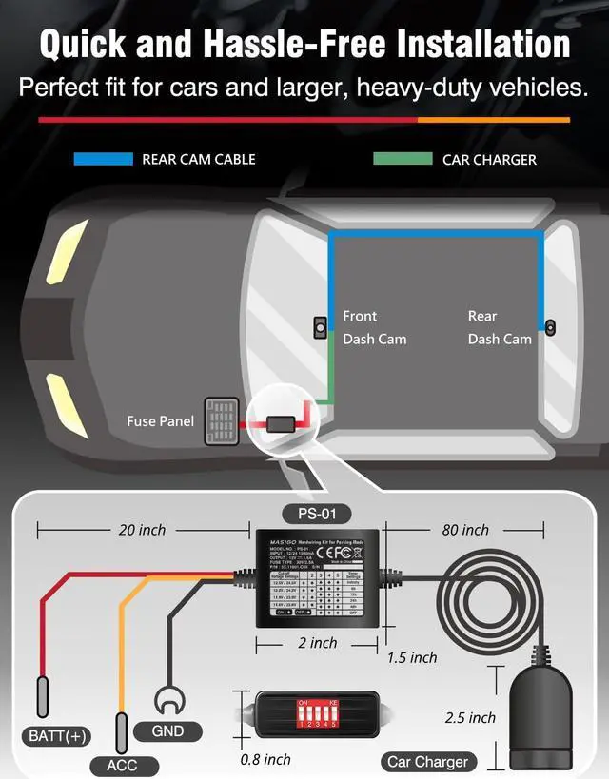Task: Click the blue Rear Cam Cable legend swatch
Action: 103,159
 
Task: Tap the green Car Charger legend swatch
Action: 403,159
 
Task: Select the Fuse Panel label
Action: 161,421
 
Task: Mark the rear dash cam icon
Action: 550,328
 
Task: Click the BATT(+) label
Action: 55,735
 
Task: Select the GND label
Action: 167,731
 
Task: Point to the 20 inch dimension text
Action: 142,530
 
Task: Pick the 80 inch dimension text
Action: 465,530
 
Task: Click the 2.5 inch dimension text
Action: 471,717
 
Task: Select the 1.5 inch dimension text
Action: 412,657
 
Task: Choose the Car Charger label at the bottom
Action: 427,761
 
